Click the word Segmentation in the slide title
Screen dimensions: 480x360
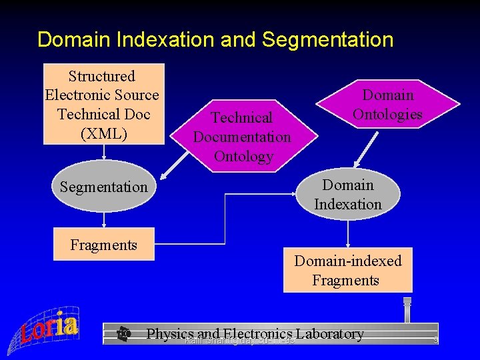pyautogui.click(x=328, y=39)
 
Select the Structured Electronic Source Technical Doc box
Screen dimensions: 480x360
pyautogui.click(x=103, y=103)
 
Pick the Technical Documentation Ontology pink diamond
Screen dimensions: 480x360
pyautogui.click(x=242, y=137)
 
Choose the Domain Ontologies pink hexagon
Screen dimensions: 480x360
pyautogui.click(x=387, y=105)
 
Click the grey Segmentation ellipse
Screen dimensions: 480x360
pyautogui.click(x=103, y=187)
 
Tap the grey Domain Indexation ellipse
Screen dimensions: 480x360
pyautogui.click(x=347, y=194)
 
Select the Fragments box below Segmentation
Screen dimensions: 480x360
pyautogui.click(x=103, y=245)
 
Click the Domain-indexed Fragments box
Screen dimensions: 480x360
pyautogui.click(x=347, y=270)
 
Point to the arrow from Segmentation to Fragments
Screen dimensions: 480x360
pyautogui.click(x=103, y=220)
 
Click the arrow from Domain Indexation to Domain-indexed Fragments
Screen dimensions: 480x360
pyautogui.click(x=347, y=233)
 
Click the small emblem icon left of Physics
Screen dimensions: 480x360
pyautogui.click(x=123, y=333)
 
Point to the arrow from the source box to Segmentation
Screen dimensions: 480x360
pyautogui.click(x=103, y=152)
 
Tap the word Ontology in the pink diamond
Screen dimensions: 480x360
pyautogui.click(x=243, y=156)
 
